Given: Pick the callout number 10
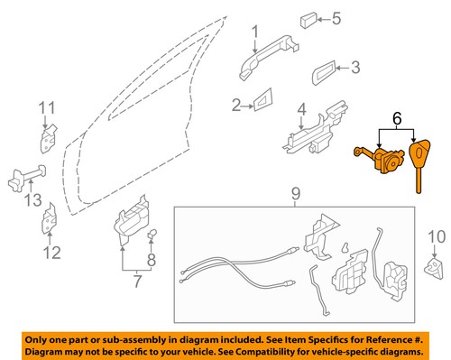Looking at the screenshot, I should click(435, 236).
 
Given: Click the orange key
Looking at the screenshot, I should click(421, 162).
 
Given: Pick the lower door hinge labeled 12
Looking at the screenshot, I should click(52, 217).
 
